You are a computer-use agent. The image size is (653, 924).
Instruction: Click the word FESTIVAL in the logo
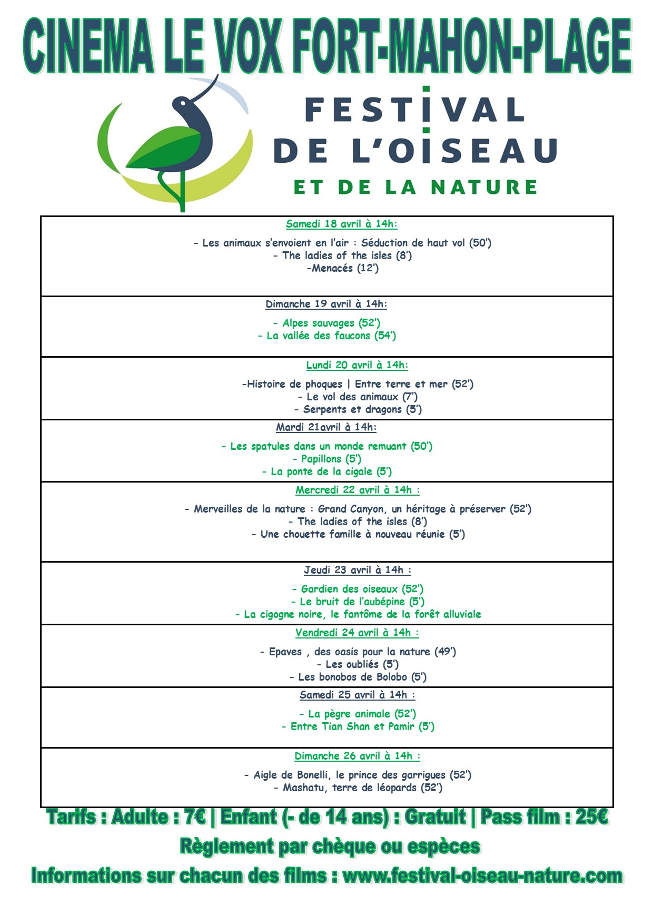[x=414, y=110]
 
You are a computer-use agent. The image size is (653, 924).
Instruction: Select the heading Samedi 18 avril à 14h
[x=341, y=224]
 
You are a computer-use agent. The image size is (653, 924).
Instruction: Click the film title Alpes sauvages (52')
[x=326, y=323]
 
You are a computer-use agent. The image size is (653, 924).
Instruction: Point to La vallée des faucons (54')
[x=327, y=336]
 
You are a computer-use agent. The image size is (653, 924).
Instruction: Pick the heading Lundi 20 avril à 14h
[x=357, y=365]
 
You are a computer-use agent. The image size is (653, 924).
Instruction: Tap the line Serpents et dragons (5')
[x=358, y=409]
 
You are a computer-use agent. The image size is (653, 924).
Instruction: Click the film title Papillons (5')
[x=327, y=459]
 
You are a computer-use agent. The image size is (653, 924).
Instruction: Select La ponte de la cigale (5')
[x=327, y=471]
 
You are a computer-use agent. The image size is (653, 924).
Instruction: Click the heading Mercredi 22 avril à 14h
[x=357, y=490]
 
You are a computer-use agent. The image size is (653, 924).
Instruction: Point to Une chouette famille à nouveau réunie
[x=358, y=534]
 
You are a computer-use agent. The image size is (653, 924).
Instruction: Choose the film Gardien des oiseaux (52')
[x=358, y=589]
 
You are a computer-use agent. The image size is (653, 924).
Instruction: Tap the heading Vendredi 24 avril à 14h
[x=357, y=633]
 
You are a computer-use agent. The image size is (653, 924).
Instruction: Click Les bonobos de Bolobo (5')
[x=358, y=677]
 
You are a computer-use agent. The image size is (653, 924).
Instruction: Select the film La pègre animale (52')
[x=358, y=714]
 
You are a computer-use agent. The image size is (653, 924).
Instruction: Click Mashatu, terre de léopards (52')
[x=358, y=788]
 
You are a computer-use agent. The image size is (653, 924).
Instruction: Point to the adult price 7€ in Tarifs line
[x=195, y=817]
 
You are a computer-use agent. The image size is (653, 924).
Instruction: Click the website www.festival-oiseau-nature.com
[x=482, y=876]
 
